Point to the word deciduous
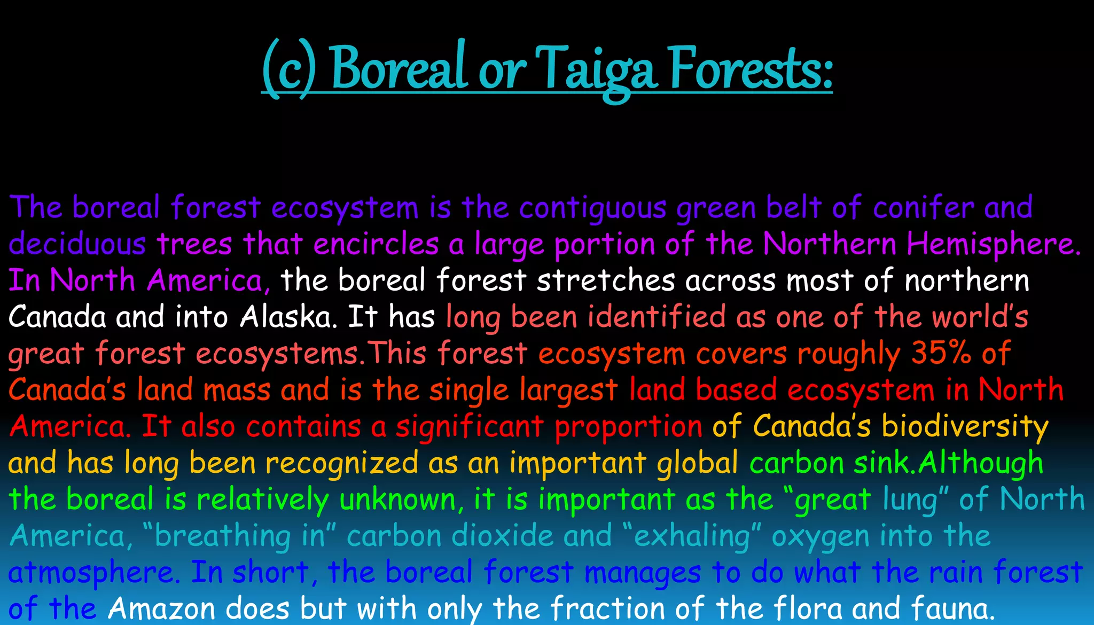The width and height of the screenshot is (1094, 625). (x=77, y=245)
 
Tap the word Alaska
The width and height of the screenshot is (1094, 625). (x=288, y=317)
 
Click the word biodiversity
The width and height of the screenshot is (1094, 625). (x=965, y=426)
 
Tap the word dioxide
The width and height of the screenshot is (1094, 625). (x=502, y=536)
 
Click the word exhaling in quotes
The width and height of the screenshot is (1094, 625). (x=692, y=536)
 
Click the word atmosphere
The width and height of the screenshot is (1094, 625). (x=91, y=573)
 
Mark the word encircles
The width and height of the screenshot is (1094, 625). (x=376, y=245)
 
